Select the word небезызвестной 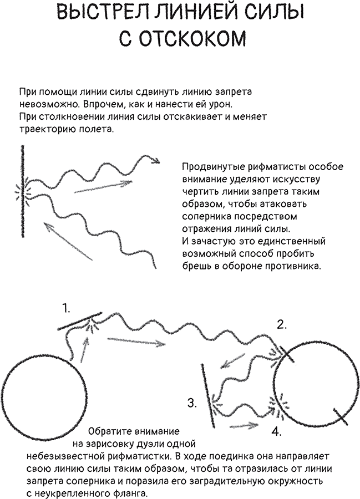65,456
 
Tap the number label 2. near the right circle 282,325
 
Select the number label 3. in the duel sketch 192,403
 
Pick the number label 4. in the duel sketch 276,431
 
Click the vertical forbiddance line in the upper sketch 23,189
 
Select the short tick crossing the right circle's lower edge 340,416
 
